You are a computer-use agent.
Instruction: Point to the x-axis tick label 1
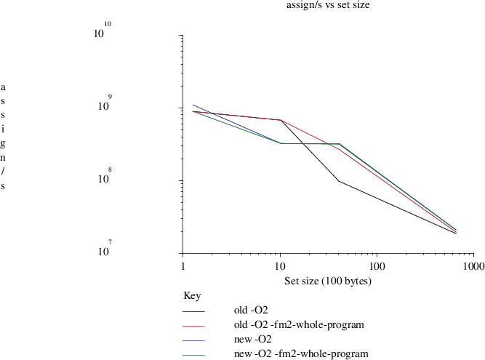point(183,267)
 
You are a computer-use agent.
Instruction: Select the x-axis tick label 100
point(376,267)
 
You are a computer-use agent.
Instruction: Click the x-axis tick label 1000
point(473,267)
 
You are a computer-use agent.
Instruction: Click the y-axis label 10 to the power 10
point(103,32)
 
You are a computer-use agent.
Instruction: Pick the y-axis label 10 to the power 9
point(103,105)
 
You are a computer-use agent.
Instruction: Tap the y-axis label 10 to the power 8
point(103,178)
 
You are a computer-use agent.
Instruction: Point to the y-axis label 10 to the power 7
point(103,251)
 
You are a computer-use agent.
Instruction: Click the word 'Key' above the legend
point(191,296)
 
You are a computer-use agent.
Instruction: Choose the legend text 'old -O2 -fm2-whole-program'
point(299,324)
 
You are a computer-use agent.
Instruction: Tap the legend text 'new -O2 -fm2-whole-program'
point(301,353)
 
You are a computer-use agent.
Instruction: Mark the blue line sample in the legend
point(194,340)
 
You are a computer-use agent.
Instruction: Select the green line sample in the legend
point(194,355)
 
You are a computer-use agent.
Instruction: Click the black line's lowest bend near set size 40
point(339,181)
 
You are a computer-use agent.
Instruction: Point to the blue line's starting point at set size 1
point(193,105)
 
